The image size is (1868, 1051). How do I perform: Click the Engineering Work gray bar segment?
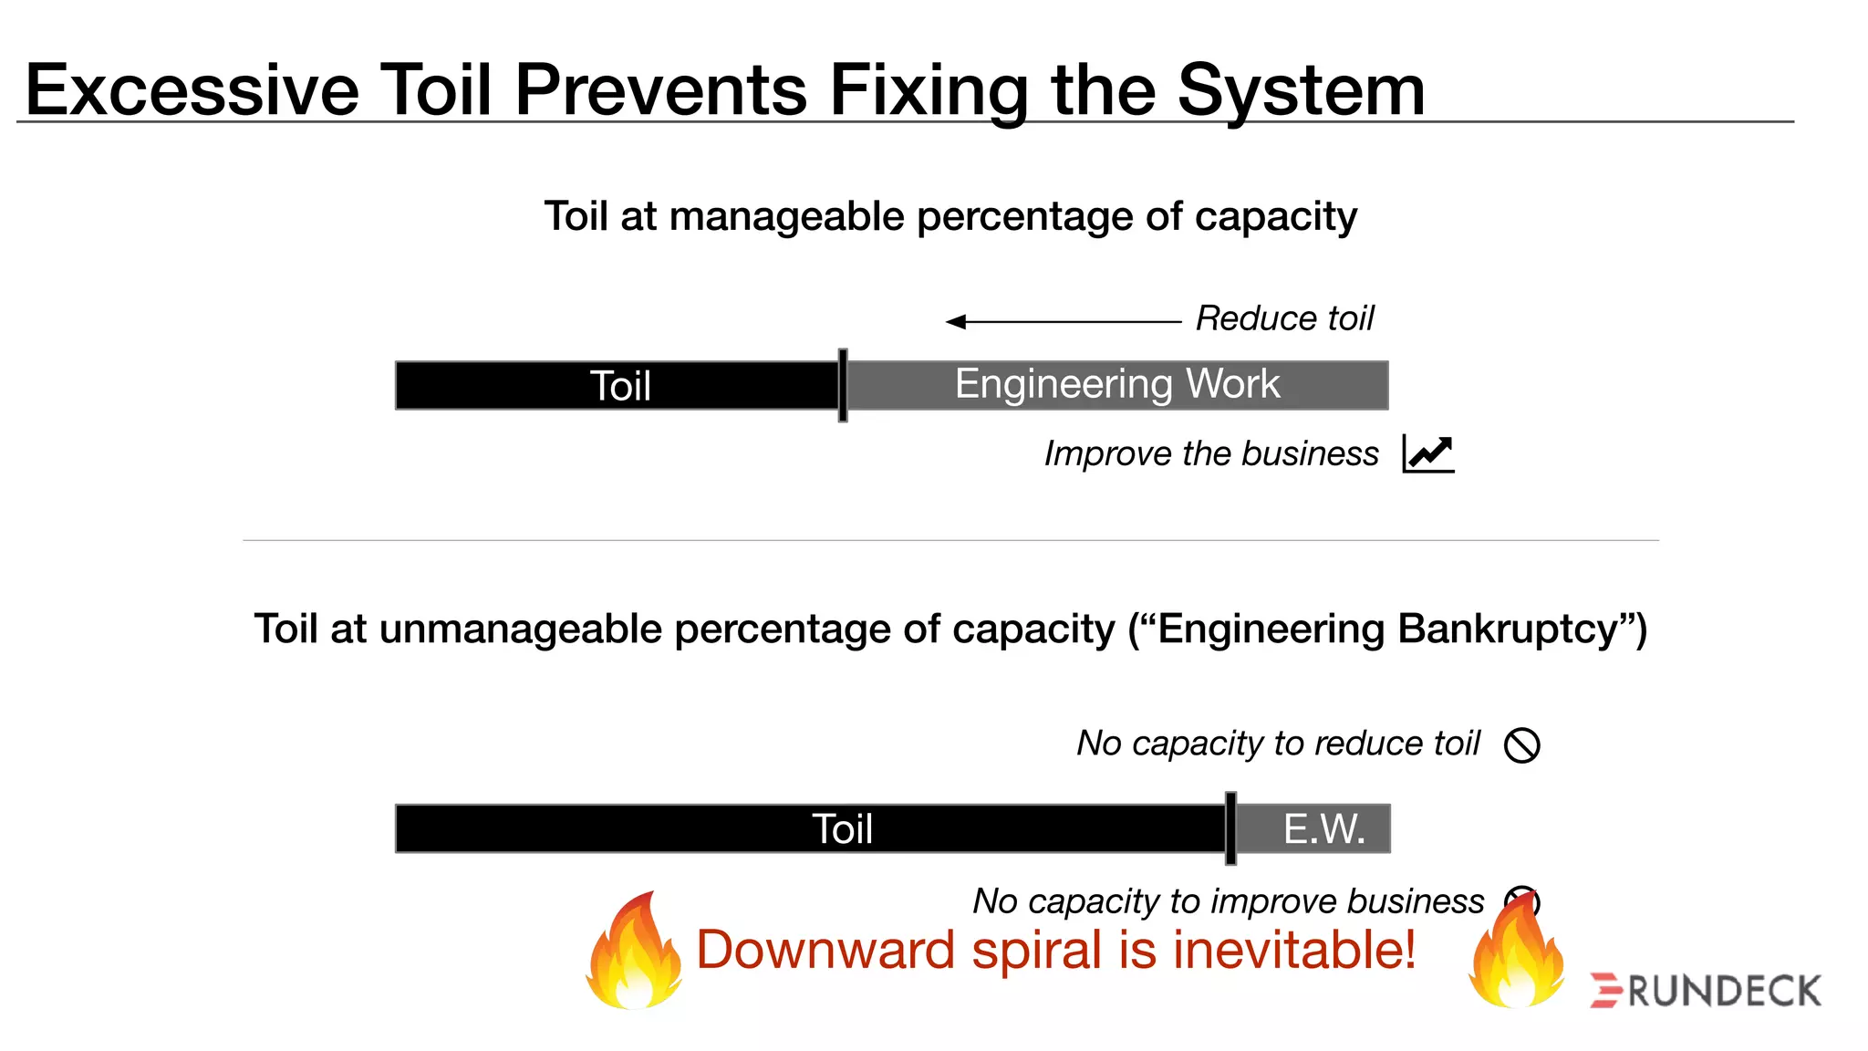click(x=1116, y=385)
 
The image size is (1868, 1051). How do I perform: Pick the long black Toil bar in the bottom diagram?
click(x=810, y=828)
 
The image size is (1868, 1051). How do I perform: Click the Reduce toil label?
click(x=1284, y=318)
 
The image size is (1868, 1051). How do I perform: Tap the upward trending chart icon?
click(x=1428, y=453)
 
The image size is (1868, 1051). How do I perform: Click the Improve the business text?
click(x=1210, y=453)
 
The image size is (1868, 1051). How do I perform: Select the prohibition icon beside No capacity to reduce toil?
click(x=1521, y=744)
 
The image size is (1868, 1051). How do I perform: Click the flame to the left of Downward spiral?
click(x=635, y=953)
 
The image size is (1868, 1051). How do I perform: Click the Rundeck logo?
click(x=1706, y=991)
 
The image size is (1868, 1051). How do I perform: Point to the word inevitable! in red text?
click(x=1293, y=950)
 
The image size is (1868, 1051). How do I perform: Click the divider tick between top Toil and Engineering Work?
click(x=843, y=385)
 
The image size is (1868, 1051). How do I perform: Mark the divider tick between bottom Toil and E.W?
click(x=1230, y=828)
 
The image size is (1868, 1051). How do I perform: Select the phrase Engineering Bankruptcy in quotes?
click(x=1387, y=630)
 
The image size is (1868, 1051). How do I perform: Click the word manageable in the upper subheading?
click(x=786, y=217)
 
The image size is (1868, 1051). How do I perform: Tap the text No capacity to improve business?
click(x=1228, y=901)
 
